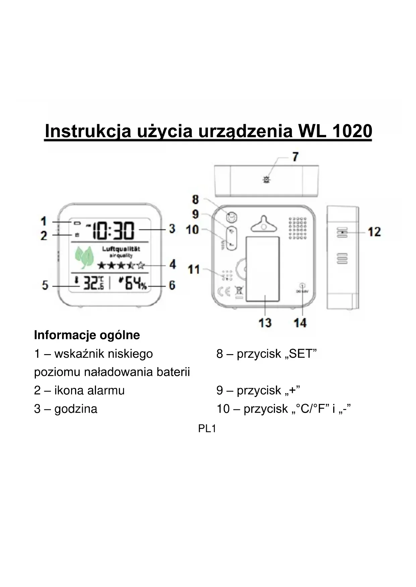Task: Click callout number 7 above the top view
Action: tap(295, 157)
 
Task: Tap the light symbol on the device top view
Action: tap(266, 180)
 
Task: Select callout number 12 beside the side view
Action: tap(374, 232)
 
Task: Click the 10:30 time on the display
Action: tap(113, 231)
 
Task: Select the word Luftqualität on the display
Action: tap(121, 249)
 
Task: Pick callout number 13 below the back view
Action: tap(265, 323)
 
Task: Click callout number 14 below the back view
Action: tap(300, 323)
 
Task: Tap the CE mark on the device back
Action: tap(224, 292)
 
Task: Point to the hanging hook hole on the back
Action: tap(263, 227)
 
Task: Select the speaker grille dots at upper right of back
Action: tap(297, 228)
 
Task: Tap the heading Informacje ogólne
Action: tap(87, 335)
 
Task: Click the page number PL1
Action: tap(207, 429)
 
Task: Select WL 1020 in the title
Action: tap(335, 131)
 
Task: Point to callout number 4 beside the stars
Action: tap(172, 264)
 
